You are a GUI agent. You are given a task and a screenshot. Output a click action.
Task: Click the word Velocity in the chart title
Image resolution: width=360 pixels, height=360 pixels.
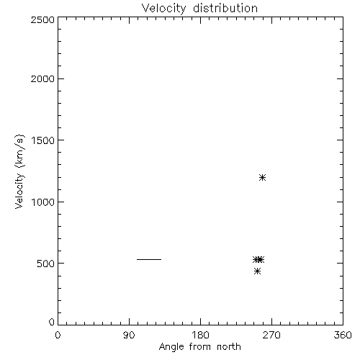point(163,9)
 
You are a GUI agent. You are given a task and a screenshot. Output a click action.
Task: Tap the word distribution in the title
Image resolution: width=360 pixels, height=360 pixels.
point(225,8)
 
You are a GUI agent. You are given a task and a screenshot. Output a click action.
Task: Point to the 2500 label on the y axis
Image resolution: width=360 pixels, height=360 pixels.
point(42,19)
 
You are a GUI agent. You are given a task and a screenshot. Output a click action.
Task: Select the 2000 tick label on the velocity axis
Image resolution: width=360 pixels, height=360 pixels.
point(42,78)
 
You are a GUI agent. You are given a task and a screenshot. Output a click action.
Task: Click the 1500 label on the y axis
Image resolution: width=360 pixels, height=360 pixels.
point(43,140)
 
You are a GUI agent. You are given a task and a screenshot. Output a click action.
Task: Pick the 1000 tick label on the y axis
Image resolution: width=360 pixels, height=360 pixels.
point(43,202)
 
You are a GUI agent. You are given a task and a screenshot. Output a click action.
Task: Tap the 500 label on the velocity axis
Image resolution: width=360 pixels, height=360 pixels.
point(46,264)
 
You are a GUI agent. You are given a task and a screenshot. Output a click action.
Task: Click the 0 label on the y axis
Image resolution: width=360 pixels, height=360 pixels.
point(52,322)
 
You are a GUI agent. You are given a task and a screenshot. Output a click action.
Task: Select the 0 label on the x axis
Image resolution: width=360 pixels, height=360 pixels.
point(58,335)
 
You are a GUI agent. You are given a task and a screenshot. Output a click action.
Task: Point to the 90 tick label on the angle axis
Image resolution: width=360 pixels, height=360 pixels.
point(129,335)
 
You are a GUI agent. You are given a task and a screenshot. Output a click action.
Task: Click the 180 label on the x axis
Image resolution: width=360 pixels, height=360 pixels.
point(200,335)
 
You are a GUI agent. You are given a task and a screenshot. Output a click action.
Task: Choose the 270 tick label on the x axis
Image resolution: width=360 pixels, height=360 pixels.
point(271,335)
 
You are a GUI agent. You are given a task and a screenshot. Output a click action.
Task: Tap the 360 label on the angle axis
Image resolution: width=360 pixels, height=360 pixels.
point(343,335)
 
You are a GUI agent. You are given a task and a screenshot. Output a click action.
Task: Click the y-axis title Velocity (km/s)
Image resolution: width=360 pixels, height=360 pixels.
point(19,171)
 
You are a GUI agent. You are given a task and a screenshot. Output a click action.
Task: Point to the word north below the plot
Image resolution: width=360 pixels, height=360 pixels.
point(229,347)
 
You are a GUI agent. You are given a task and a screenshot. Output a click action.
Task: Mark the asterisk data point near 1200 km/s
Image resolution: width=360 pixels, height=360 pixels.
point(262,178)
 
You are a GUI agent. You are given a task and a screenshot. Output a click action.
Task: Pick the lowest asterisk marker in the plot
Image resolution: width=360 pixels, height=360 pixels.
point(257,271)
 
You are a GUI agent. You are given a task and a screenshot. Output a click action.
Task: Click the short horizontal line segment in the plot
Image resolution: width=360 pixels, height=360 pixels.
point(149,259)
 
